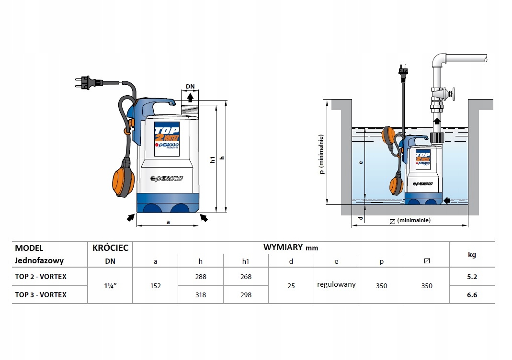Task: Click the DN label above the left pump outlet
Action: click(190, 87)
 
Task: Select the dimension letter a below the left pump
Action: click(168, 222)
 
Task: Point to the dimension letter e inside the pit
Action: click(362, 162)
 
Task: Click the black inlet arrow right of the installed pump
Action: click(446, 200)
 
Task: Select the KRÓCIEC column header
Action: click(110, 247)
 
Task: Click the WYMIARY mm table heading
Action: click(291, 247)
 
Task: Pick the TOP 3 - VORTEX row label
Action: click(41, 295)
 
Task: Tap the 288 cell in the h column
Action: click(200, 277)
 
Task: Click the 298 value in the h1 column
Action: click(246, 295)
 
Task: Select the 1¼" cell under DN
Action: click(110, 286)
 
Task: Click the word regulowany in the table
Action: click(336, 284)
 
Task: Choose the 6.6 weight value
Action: click(472, 295)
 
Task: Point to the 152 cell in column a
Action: click(155, 286)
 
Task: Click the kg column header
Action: click(472, 255)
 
